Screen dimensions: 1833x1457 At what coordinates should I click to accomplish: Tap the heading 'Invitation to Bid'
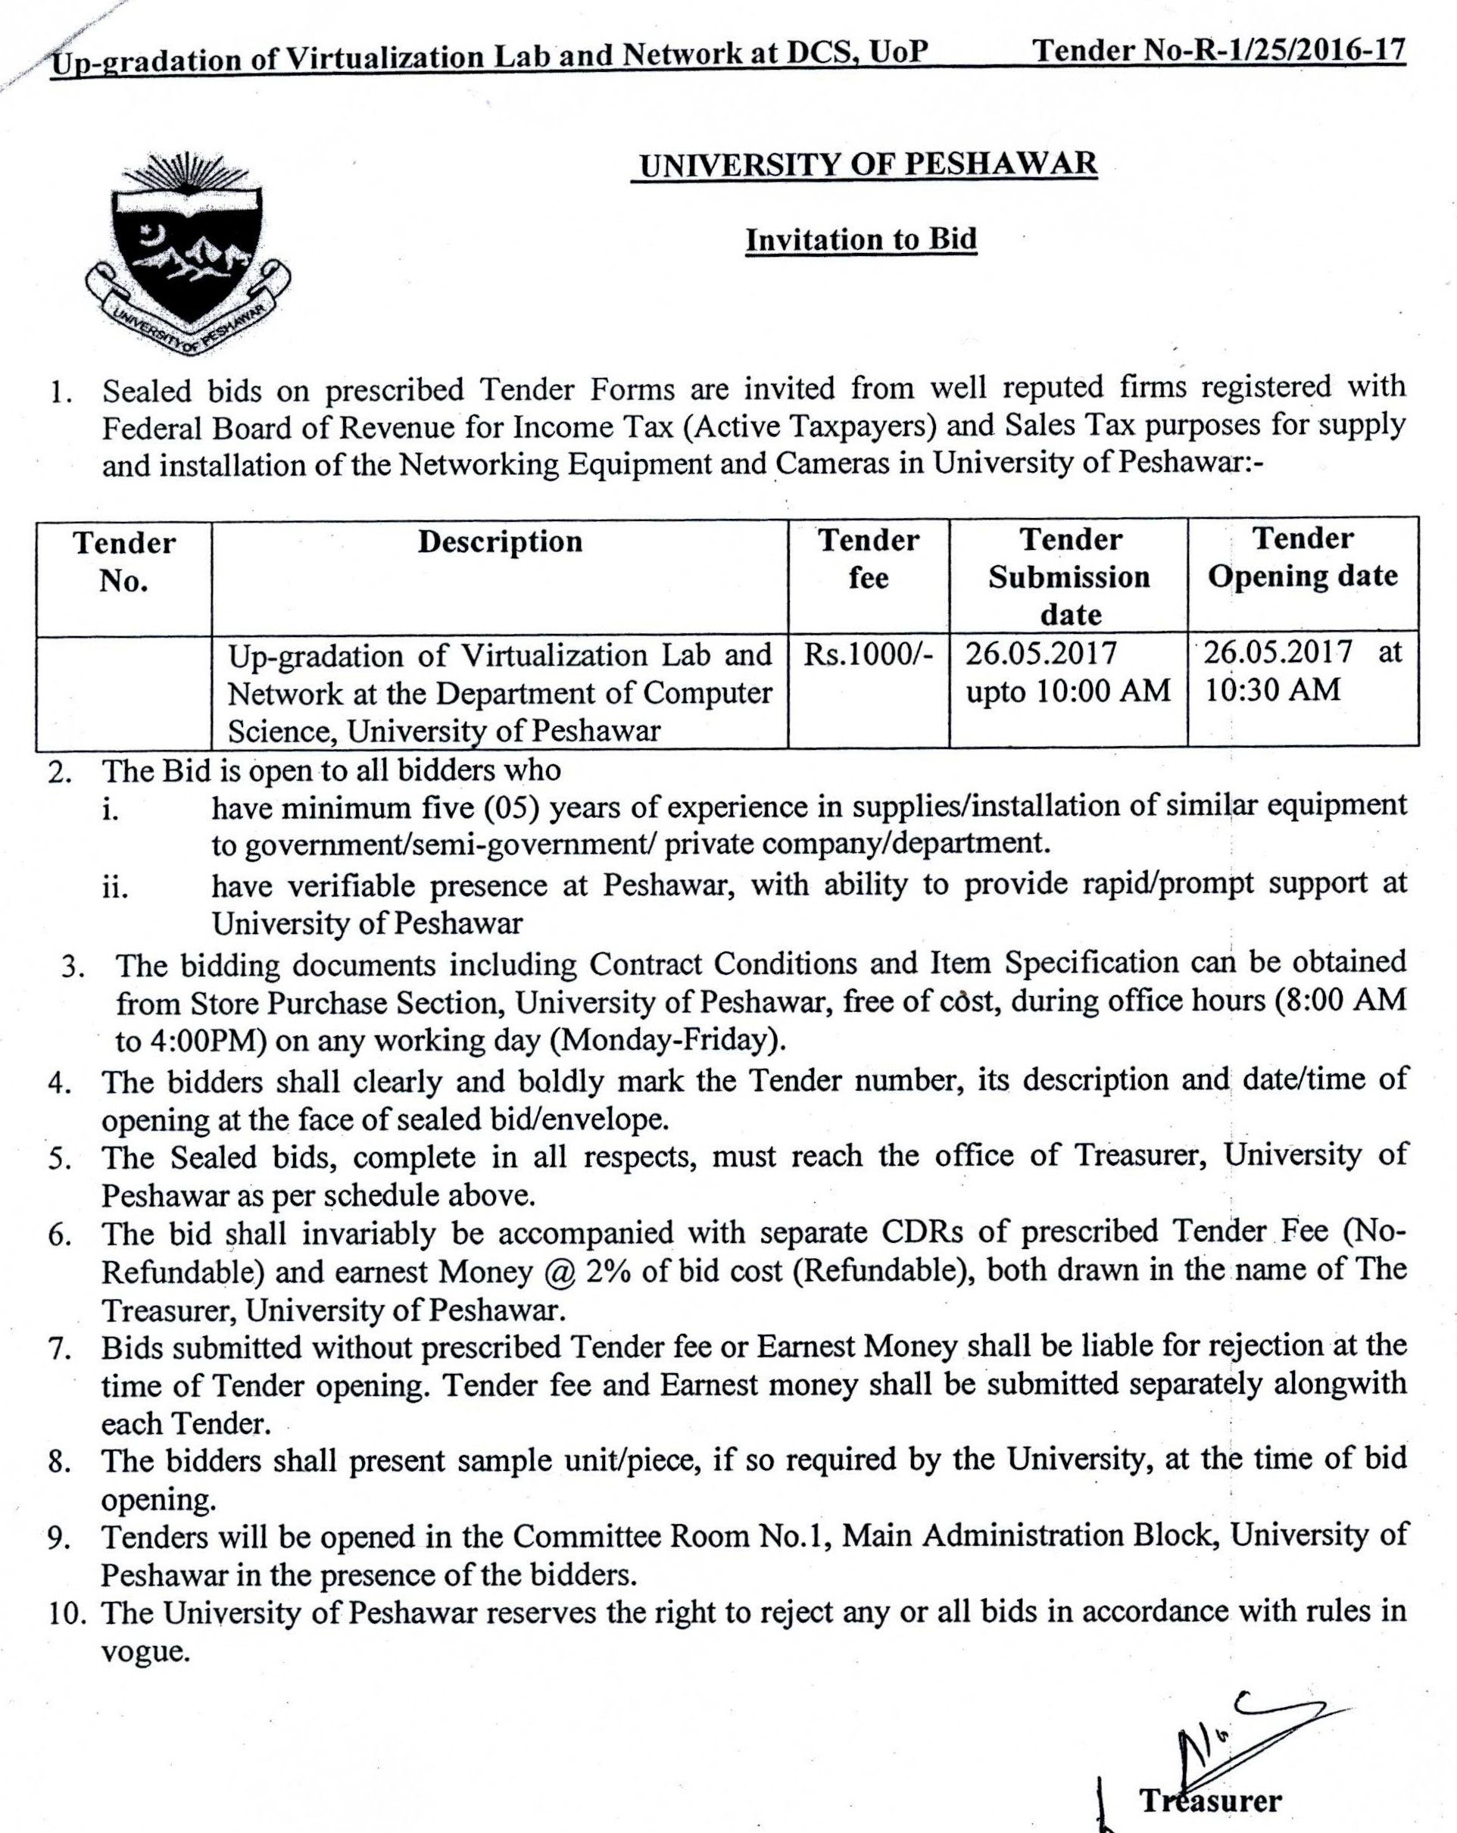point(860,240)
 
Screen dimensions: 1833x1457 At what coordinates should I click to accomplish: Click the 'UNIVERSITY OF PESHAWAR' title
point(868,164)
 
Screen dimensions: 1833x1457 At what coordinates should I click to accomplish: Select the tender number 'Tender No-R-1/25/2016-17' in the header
point(1218,51)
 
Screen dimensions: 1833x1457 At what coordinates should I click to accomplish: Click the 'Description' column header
point(500,542)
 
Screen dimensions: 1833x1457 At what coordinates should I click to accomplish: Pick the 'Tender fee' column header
point(868,558)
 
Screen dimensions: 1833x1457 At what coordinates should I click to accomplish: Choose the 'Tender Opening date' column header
point(1303,557)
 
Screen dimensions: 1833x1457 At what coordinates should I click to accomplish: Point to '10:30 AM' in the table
point(1272,689)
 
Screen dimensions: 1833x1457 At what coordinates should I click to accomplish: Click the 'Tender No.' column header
point(124,561)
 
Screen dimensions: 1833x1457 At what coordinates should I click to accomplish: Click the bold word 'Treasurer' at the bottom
point(1209,1800)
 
